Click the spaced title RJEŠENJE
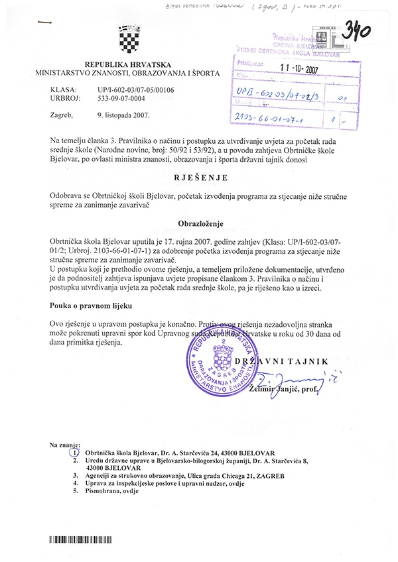pos(201,178)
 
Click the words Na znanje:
pos(65,442)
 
